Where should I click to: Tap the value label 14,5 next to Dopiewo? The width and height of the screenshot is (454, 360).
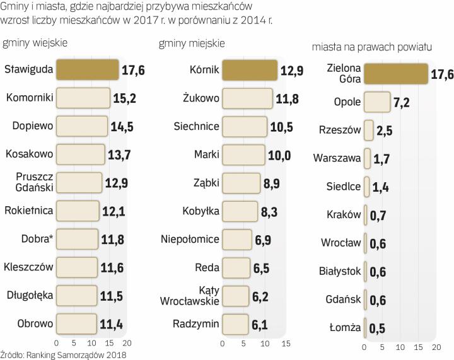(121, 126)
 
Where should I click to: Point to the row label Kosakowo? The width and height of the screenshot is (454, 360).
(28, 153)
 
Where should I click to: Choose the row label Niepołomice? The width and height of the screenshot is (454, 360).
(190, 239)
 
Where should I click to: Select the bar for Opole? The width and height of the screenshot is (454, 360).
(377, 102)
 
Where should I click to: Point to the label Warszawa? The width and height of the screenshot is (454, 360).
(337, 158)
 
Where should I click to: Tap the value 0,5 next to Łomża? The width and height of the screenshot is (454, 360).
(377, 328)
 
